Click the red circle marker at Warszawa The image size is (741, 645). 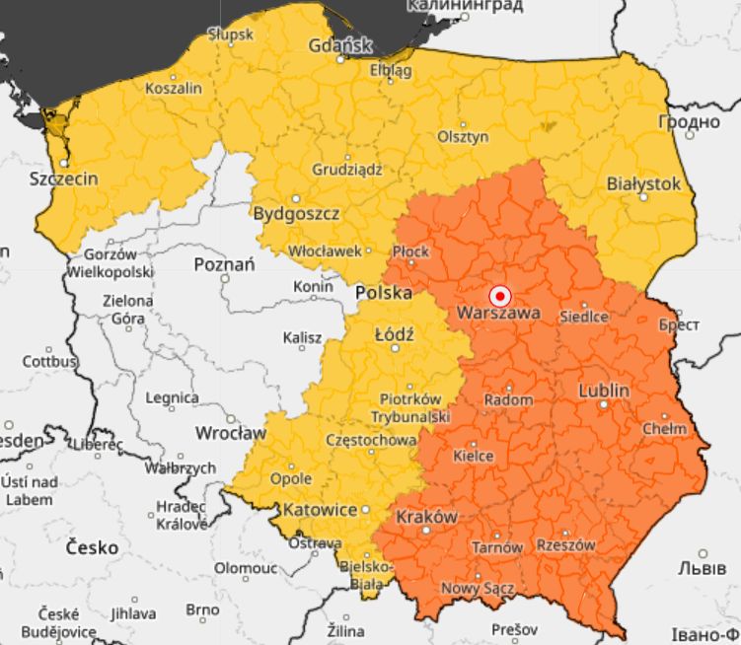tap(499, 295)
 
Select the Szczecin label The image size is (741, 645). tap(64, 179)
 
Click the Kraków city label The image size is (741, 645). tap(426, 517)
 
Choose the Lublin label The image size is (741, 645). tap(603, 391)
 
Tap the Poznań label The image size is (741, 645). tap(224, 264)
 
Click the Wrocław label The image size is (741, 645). tap(231, 432)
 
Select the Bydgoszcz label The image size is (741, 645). tap(297, 213)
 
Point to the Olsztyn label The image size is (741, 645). tap(463, 137)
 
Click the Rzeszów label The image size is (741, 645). tap(565, 544)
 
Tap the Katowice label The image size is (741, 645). tap(320, 510)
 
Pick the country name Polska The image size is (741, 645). tap(383, 293)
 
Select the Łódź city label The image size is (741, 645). tap(394, 334)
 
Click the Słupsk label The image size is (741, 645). tap(231, 34)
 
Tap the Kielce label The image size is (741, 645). tap(473, 456)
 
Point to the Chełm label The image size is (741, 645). tap(663, 429)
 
